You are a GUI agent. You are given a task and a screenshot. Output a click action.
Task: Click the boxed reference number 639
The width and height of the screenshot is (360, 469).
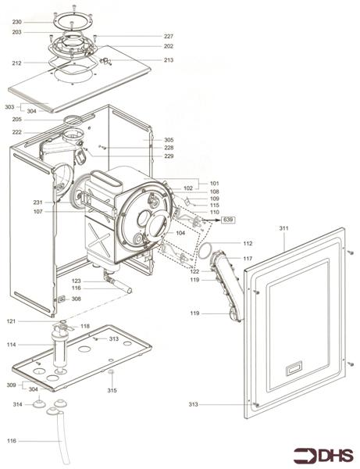point(229,220)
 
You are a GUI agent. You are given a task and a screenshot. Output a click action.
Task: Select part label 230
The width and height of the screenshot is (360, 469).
point(17,22)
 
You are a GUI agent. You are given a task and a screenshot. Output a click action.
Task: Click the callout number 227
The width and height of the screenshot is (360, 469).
point(168,37)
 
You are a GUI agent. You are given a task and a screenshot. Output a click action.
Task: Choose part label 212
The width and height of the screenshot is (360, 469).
point(17,63)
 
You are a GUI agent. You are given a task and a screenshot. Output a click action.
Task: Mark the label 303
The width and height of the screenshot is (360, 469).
point(9,106)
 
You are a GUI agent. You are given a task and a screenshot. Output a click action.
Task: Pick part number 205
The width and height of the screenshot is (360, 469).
point(17,120)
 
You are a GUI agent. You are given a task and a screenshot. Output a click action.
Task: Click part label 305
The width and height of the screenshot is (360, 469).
point(169,140)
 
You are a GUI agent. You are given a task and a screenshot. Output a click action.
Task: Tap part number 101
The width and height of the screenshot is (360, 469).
point(214,183)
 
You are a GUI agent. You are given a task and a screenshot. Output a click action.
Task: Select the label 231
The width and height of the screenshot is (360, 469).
point(37,203)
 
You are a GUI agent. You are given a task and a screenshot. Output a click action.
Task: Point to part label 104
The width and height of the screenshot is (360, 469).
point(180,233)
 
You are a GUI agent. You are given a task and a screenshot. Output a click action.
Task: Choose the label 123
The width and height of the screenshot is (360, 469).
point(77,281)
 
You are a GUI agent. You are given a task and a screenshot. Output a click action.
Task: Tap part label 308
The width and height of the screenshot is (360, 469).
point(76,299)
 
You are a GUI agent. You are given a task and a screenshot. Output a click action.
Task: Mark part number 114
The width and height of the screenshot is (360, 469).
point(11,345)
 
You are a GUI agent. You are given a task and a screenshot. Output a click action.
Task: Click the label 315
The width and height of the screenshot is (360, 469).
point(112,390)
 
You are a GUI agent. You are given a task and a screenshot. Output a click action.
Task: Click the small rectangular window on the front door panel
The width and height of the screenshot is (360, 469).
point(294,365)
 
